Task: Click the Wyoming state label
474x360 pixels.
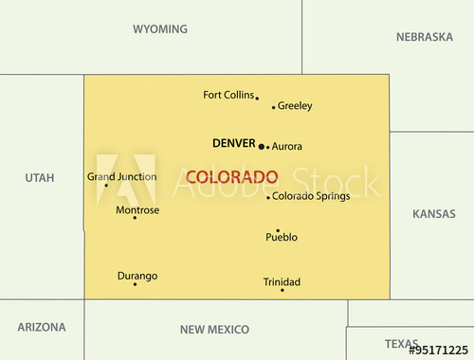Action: (159, 29)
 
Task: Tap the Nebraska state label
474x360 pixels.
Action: (424, 37)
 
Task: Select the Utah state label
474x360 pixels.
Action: (40, 177)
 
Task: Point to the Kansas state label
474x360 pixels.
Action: (433, 214)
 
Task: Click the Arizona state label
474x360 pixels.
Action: (42, 327)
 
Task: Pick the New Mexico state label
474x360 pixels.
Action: (214, 330)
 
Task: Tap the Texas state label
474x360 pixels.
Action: (401, 343)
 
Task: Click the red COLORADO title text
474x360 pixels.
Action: (231, 177)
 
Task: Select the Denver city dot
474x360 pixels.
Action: (262, 146)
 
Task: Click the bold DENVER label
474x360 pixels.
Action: (233, 143)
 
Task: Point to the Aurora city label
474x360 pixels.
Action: (286, 147)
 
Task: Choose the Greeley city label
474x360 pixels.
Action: (295, 106)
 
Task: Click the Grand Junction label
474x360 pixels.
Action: (121, 176)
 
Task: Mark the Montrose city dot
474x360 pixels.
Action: (135, 218)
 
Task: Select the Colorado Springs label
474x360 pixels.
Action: (310, 196)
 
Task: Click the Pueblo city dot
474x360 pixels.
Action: (278, 230)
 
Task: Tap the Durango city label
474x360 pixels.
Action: (137, 276)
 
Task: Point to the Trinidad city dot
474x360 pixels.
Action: (282, 289)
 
